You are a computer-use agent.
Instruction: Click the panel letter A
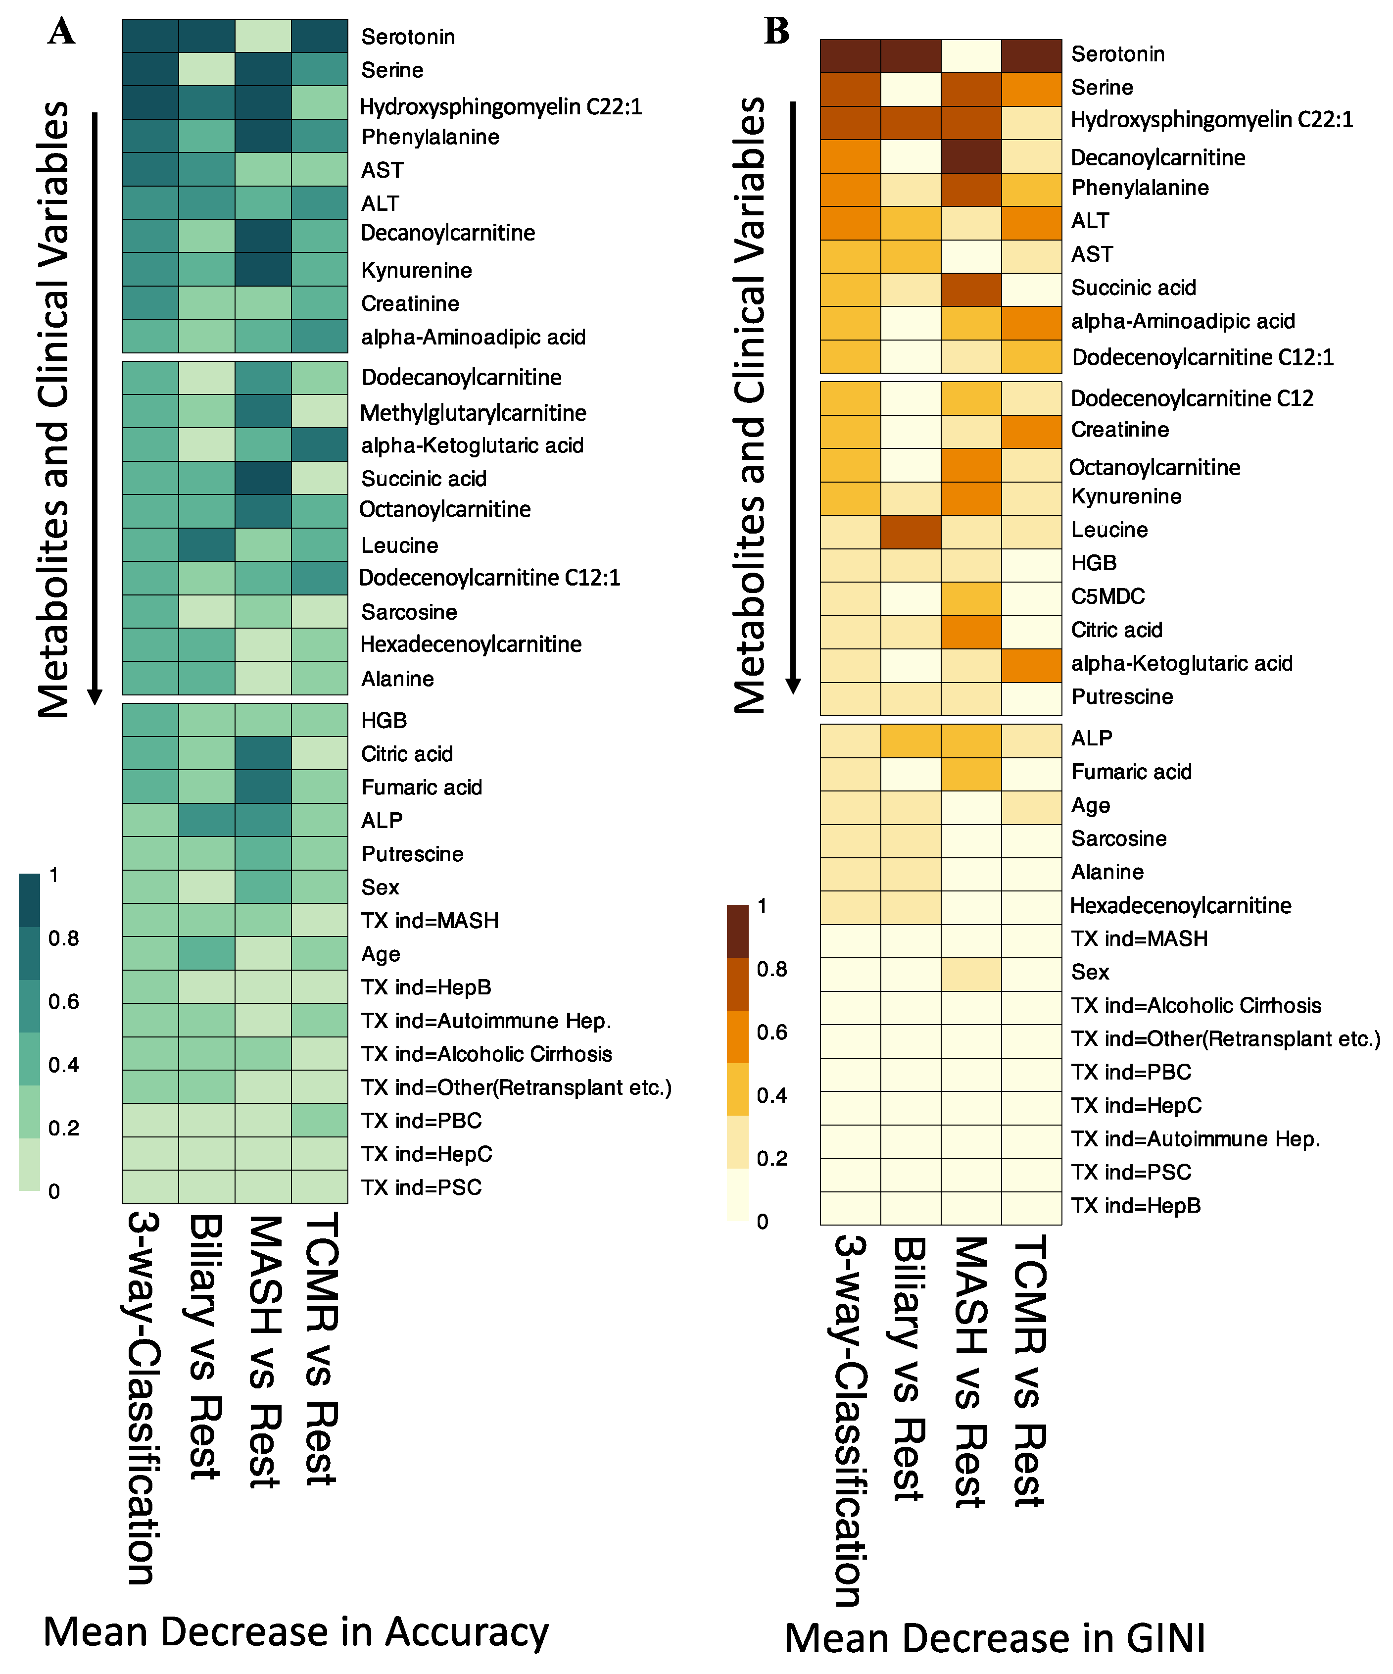click(x=61, y=32)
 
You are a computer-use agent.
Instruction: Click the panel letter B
click(x=776, y=31)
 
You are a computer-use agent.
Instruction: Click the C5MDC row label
click(x=1107, y=596)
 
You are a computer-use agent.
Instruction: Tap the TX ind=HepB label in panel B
click(x=1135, y=1205)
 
